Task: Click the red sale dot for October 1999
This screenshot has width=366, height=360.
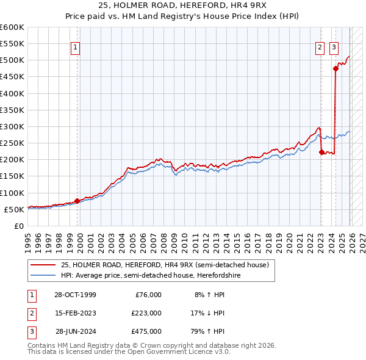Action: [77, 201]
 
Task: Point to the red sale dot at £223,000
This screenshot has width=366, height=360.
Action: [321, 152]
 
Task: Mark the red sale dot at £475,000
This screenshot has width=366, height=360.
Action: [335, 68]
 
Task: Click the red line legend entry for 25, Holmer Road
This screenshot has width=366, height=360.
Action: [160, 265]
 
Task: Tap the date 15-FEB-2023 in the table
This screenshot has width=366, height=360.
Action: [75, 313]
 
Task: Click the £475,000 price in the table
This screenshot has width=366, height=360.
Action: [146, 331]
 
